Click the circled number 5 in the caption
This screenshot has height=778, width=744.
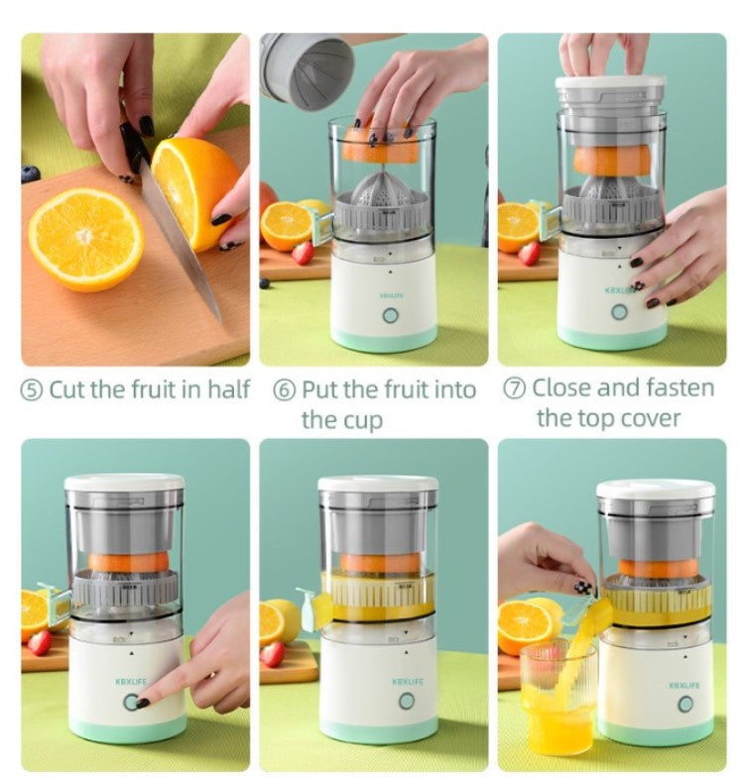32,390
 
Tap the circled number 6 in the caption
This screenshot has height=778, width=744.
285,390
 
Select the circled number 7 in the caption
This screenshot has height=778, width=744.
515,389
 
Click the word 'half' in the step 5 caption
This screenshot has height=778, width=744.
228,389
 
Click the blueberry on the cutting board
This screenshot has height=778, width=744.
31,173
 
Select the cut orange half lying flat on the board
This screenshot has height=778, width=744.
86,239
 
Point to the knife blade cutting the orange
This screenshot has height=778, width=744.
179,238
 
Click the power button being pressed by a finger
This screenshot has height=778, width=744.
131,702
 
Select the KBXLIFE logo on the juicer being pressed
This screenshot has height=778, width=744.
131,682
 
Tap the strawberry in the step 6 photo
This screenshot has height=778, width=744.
303,253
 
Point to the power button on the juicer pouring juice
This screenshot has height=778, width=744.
685,704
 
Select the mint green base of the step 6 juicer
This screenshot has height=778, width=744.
385,339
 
